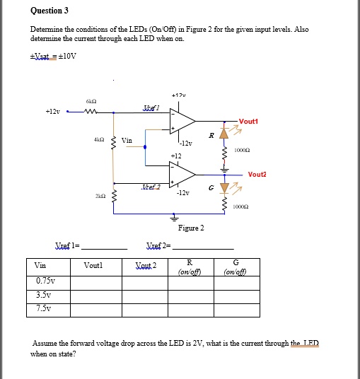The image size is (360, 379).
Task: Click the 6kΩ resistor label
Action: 93,100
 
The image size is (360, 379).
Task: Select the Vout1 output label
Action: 248,122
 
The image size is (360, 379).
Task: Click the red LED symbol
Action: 226,134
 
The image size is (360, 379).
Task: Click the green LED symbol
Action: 226,187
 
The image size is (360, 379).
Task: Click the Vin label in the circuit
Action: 127,140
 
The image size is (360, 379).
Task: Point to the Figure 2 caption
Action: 191,228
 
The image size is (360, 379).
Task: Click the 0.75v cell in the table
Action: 45,281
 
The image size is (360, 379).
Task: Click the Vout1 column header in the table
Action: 93,265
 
